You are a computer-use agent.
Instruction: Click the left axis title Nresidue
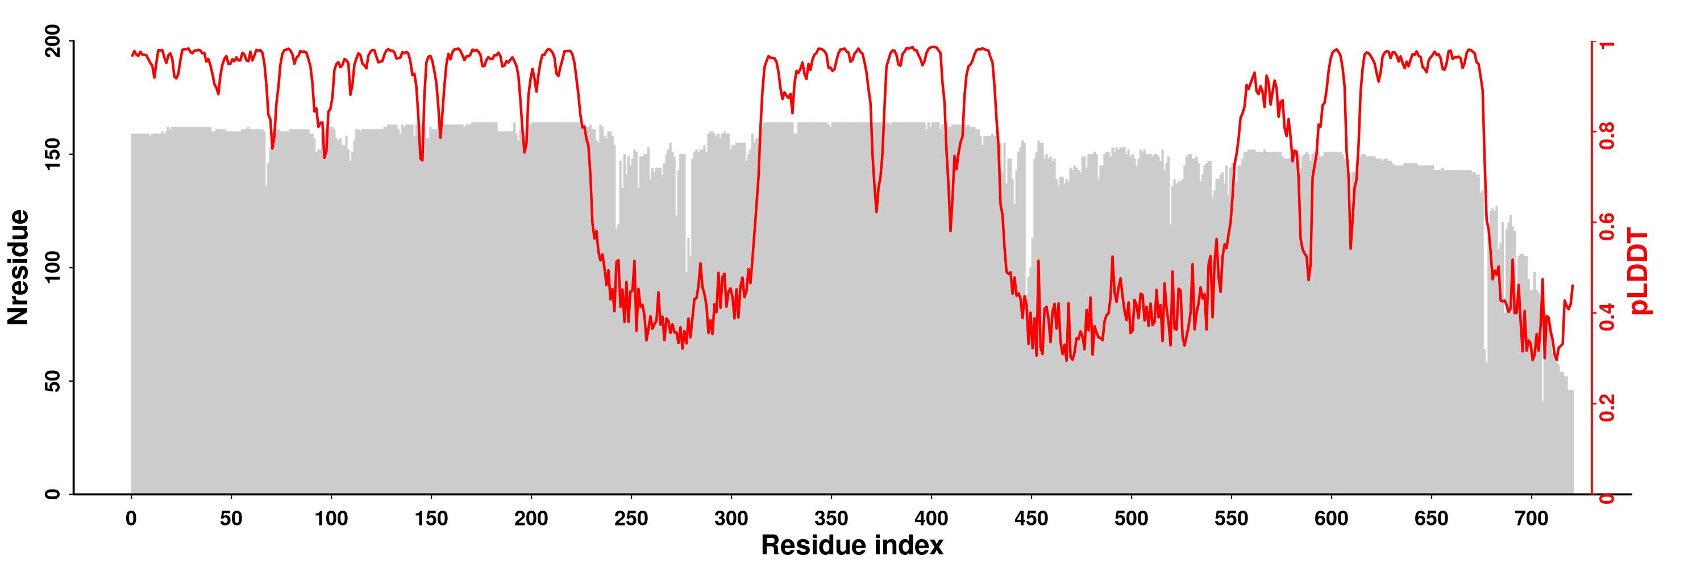[x=19, y=266]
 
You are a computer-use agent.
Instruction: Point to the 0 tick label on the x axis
[x=131, y=520]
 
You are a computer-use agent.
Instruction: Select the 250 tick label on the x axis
[x=631, y=520]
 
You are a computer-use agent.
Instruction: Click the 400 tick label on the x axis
[x=931, y=520]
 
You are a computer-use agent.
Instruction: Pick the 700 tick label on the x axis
[x=1532, y=520]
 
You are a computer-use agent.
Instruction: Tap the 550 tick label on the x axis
[x=1231, y=520]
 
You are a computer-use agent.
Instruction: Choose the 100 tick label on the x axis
[x=331, y=520]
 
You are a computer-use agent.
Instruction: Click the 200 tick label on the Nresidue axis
[x=54, y=41]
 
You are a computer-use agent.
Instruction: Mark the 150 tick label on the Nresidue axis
[x=54, y=154]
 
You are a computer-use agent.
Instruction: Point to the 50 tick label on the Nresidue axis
[x=54, y=381]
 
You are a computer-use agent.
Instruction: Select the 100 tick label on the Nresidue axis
[x=54, y=268]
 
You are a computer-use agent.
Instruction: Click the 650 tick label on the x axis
[x=1432, y=520]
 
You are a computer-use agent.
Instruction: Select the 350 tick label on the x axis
[x=831, y=520]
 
